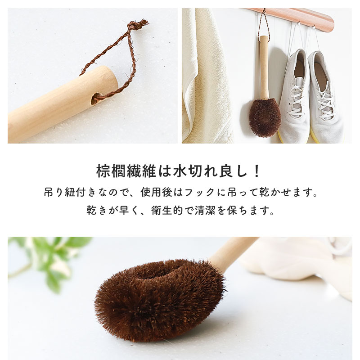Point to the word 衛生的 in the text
pyautogui.click(x=171, y=210)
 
